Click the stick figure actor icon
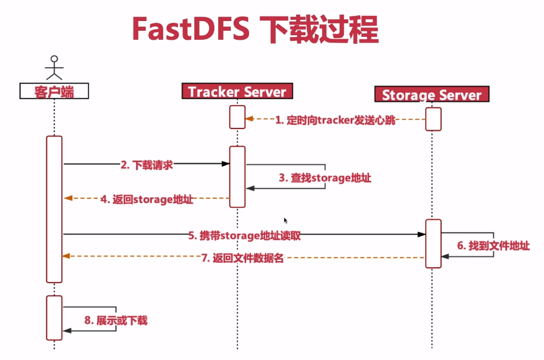(54, 68)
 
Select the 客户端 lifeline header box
(54, 91)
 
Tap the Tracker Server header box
(237, 91)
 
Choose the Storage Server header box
(431, 94)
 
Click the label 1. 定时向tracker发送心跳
(335, 120)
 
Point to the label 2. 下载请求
(147, 164)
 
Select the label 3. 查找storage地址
(325, 178)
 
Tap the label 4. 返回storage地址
(147, 199)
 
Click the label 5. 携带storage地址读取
(244, 235)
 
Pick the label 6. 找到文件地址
(493, 246)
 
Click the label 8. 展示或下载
(116, 320)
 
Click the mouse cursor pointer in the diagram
(285, 220)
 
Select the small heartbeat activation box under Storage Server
(433, 119)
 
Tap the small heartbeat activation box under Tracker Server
(237, 117)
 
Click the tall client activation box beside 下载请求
(54, 209)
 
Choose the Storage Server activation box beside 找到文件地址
(433, 243)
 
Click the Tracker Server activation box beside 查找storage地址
(237, 176)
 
